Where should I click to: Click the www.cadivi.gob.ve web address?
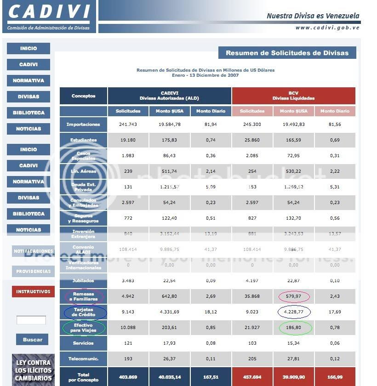[x=327, y=28]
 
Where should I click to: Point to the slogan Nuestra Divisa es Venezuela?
[x=313, y=16]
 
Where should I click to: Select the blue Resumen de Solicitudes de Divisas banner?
[x=287, y=53]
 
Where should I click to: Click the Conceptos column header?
[x=83, y=96]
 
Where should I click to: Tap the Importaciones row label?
[x=83, y=125]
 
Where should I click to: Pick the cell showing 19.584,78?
[x=170, y=125]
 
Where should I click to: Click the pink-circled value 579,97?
[x=294, y=296]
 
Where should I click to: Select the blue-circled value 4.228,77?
[x=294, y=312]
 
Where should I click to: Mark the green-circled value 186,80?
[x=294, y=328]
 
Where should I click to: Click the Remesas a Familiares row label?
[x=84, y=296]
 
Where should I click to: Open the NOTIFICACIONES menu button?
[x=33, y=251]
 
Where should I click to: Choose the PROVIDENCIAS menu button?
[x=33, y=271]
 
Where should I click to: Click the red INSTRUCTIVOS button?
[x=33, y=291]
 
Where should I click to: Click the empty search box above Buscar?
[x=31, y=320]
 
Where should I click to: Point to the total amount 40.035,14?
[x=170, y=377]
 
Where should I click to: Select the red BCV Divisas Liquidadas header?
[x=293, y=96]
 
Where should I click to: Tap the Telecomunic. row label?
[x=83, y=359]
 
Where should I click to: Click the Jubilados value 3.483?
[x=128, y=281]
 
